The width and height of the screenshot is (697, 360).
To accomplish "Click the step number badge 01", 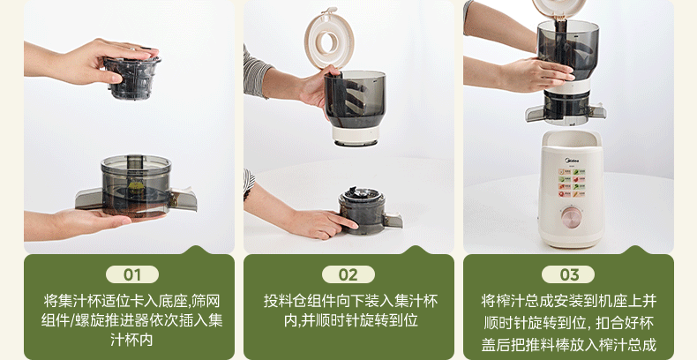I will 131,274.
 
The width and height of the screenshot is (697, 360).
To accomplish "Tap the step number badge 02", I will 348,274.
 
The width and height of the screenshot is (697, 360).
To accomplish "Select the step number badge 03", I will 569,274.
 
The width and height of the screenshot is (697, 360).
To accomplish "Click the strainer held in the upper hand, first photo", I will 132,74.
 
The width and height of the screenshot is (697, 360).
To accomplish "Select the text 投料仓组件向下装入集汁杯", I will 348,299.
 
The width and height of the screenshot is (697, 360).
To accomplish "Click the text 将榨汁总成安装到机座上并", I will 569,299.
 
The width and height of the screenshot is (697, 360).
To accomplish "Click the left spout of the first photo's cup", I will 88,199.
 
